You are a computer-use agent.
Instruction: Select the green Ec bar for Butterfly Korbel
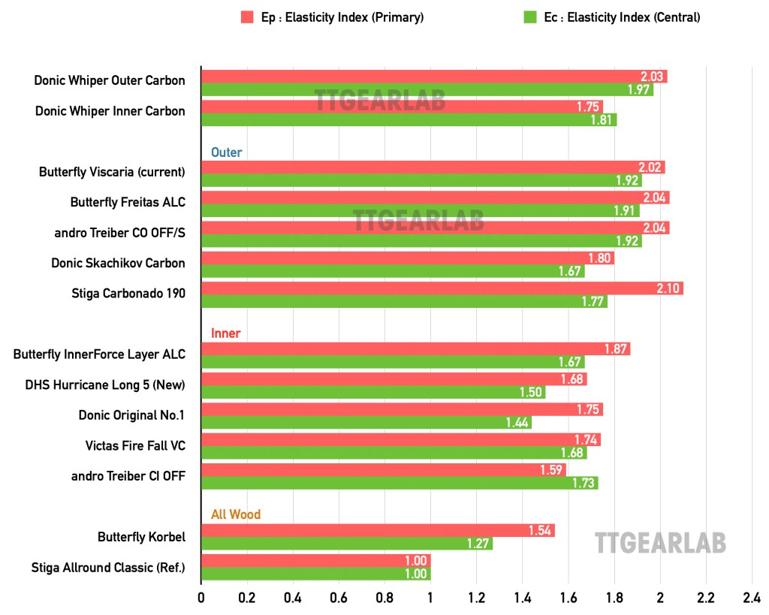coord(346,544)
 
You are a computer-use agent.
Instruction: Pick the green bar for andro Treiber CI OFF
coord(399,482)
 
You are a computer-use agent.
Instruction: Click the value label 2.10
coord(671,288)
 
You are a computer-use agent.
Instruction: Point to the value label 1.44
coord(518,423)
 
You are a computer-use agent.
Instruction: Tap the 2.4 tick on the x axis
coord(752,598)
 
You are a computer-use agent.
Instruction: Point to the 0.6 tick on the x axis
coord(339,598)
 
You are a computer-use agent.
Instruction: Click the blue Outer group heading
coord(226,152)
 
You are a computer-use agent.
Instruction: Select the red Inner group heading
coord(225,333)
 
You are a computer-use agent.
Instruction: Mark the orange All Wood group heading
coord(235,514)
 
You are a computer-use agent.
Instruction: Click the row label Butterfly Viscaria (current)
coord(112,172)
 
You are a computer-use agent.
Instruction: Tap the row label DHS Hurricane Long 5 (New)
coord(105,385)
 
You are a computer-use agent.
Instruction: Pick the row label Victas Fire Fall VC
coord(135,445)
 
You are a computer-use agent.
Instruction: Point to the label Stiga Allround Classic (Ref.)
coord(108,567)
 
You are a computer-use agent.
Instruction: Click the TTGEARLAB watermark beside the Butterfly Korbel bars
coord(660,543)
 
